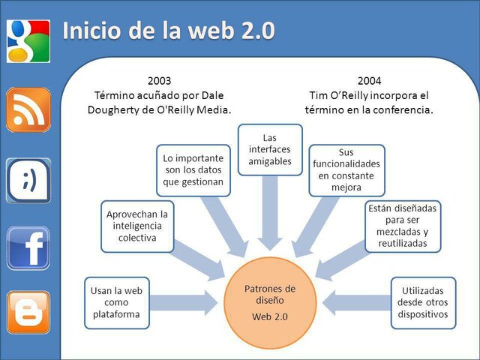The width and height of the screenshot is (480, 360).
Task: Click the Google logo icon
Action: point(28,40)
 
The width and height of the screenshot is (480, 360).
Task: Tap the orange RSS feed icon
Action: point(28,110)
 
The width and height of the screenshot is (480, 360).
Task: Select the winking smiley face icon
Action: point(28,180)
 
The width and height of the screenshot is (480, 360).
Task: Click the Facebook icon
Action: point(28,248)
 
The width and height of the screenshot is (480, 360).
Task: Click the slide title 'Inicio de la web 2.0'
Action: point(168,31)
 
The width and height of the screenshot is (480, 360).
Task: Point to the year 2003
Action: point(160,81)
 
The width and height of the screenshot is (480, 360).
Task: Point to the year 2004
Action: point(370,81)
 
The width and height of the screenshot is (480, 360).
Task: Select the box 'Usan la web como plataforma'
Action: point(117,302)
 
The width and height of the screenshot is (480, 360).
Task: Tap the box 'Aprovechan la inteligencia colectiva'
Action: point(136,226)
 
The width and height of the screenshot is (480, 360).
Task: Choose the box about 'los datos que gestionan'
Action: point(193,170)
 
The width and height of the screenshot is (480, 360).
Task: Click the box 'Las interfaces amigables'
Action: point(270,148)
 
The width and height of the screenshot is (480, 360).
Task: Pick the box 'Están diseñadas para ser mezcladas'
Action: point(403,226)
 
